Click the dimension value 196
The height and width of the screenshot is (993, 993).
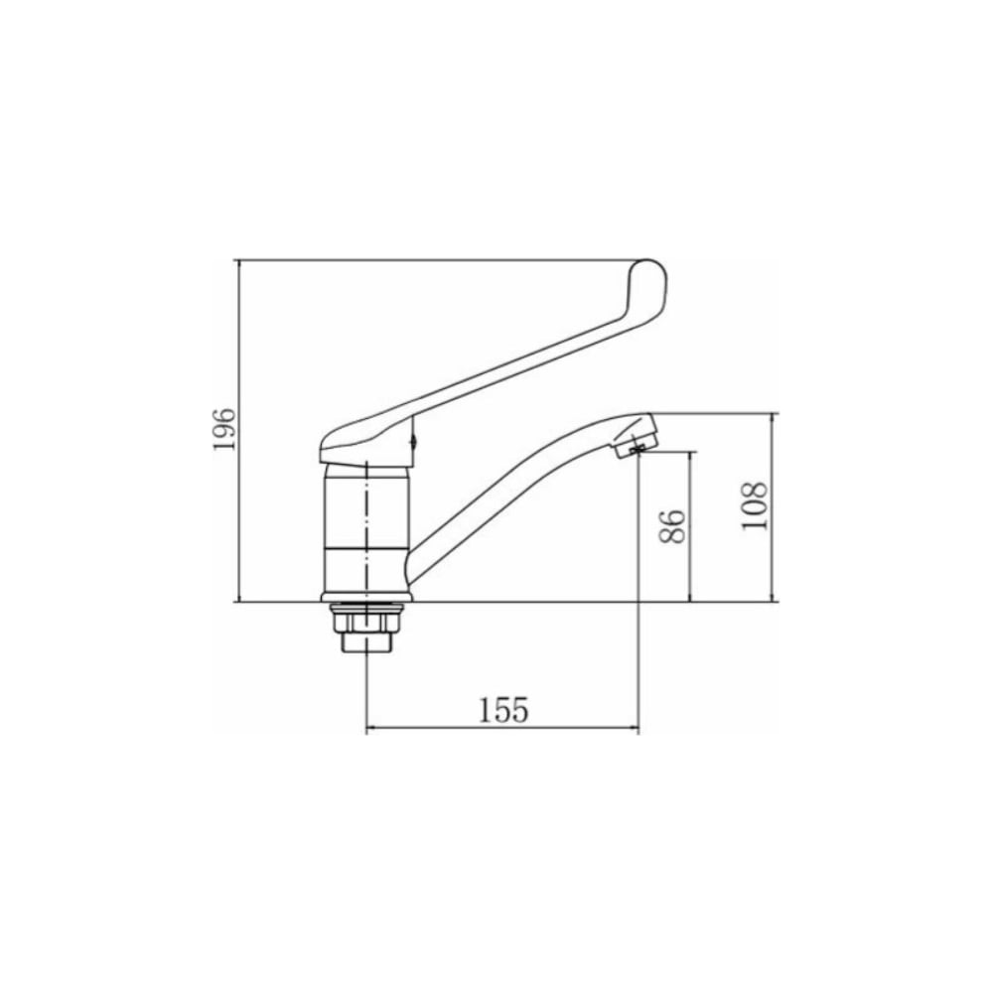point(224,429)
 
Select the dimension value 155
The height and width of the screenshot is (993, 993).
point(502,710)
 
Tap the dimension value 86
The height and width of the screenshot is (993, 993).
point(672,525)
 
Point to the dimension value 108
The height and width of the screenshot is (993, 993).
point(755,506)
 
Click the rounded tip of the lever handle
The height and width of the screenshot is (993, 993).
point(653,272)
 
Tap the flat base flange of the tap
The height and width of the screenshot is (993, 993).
point(367,597)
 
